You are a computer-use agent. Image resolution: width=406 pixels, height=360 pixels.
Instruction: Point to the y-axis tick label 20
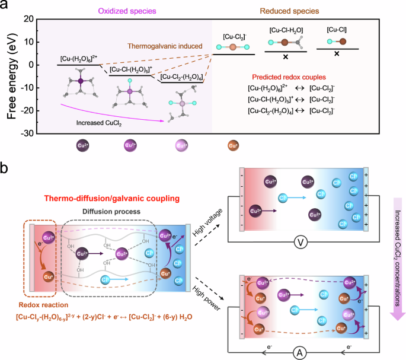click(x=25, y=19)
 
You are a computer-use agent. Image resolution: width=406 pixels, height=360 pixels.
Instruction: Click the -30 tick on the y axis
click(x=24, y=133)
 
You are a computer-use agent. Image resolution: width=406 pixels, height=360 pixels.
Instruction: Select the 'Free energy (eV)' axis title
click(x=8, y=76)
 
